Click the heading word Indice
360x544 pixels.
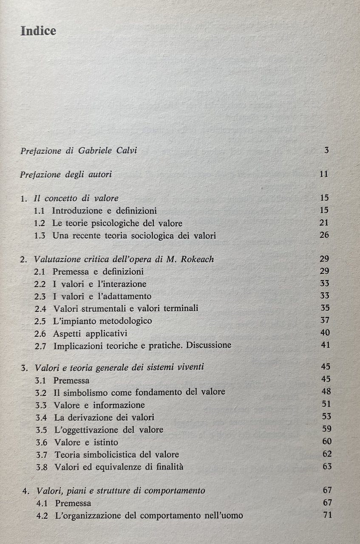pyautogui.click(x=38, y=31)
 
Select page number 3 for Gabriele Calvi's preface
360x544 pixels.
pyautogui.click(x=326, y=150)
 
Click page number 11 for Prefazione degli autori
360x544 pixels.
pyautogui.click(x=325, y=174)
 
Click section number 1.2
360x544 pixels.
pyautogui.click(x=40, y=223)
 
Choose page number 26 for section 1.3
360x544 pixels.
pyautogui.click(x=325, y=235)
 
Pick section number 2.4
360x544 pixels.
pyautogui.click(x=41, y=308)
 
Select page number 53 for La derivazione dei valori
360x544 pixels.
pyautogui.click(x=326, y=416)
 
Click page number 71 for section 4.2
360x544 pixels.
pyautogui.click(x=326, y=516)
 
